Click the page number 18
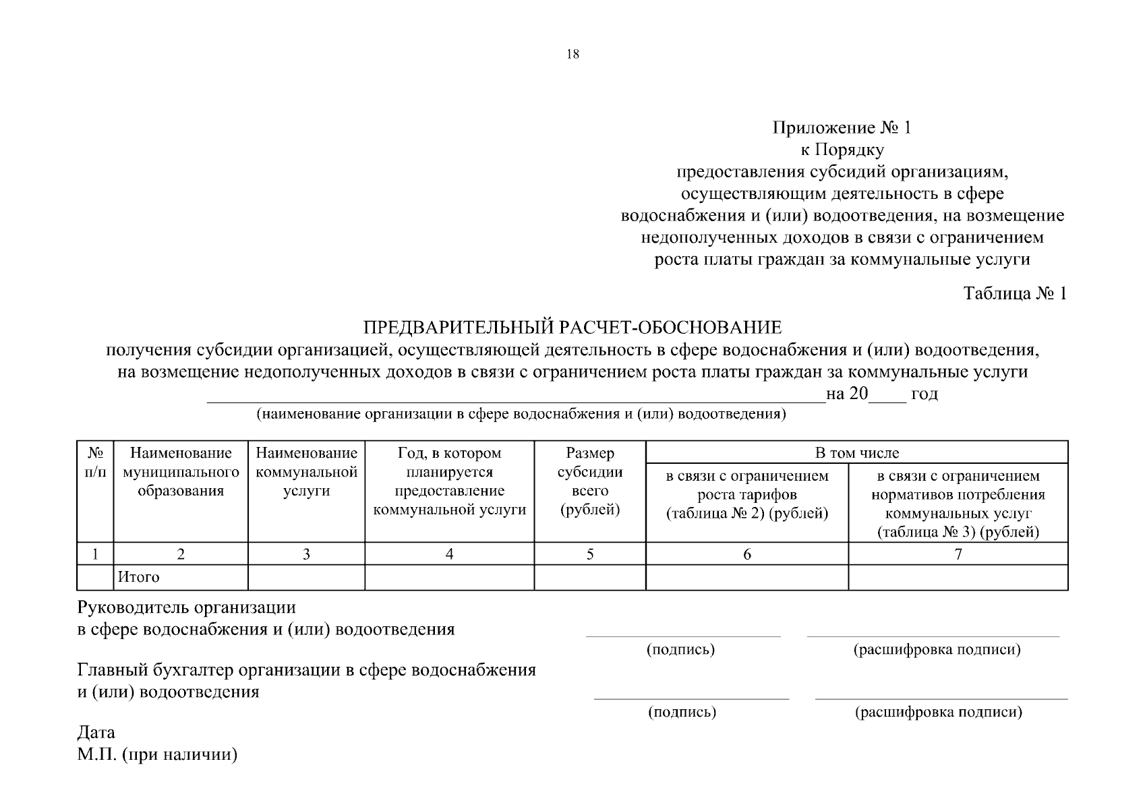[572, 55]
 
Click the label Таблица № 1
[1015, 294]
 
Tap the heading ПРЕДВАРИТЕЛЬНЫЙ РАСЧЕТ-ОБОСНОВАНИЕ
[572, 328]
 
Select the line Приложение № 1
[842, 128]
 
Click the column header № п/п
[95, 462]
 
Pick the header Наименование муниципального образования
[181, 472]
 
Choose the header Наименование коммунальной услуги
[306, 472]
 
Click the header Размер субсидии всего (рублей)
[590, 481]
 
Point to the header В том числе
[856, 452]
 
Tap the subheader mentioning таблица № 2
[747, 495]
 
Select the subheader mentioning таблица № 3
[958, 504]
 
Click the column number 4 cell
[449, 554]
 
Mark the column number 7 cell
[958, 554]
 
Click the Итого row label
[139, 577]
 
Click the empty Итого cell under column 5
[590, 577]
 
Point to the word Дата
[96, 732]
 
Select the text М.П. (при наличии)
[157, 754]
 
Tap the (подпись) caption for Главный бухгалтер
[682, 712]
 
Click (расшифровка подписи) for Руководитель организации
[937, 650]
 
